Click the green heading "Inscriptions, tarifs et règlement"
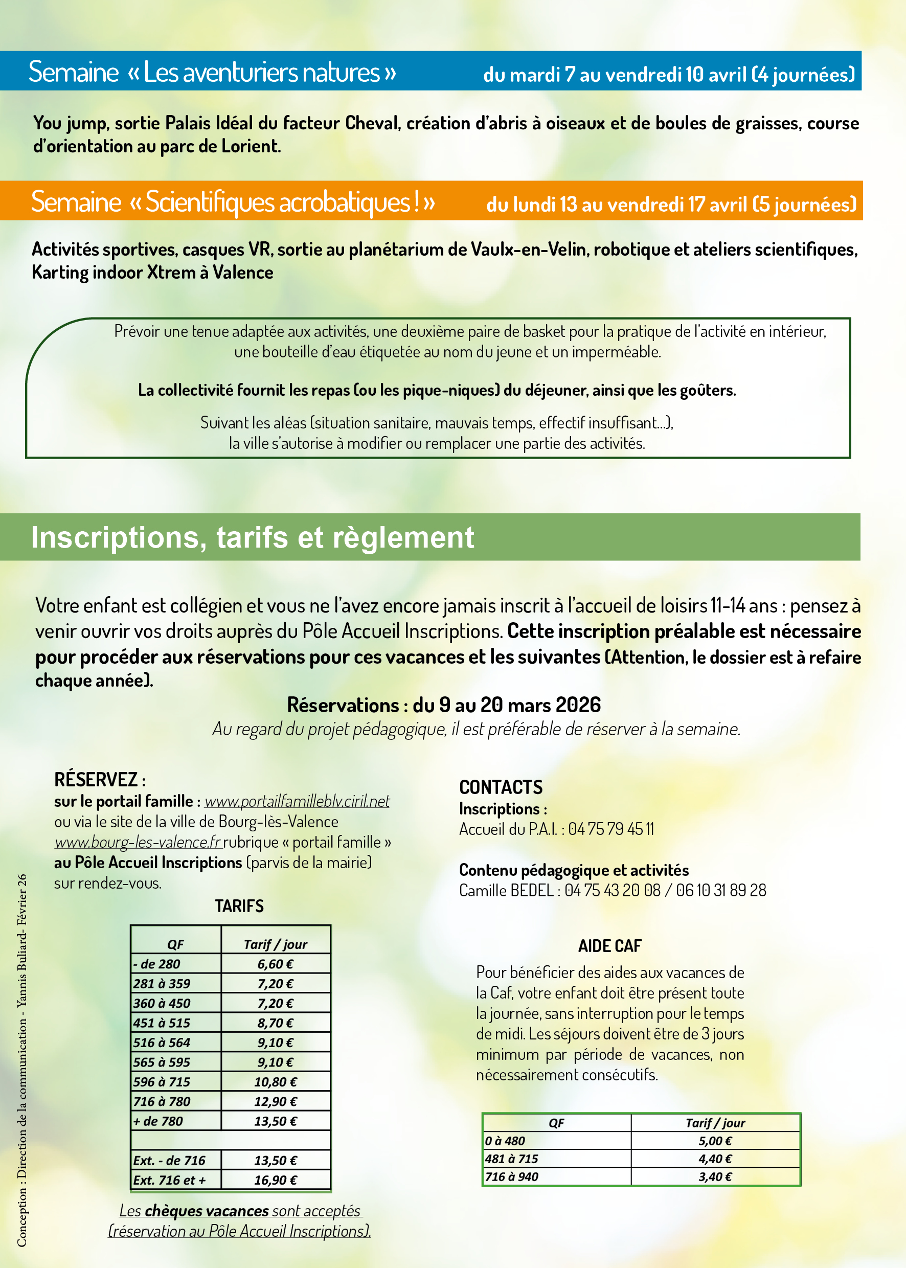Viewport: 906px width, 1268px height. (252, 538)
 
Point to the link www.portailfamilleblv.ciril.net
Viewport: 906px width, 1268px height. (297, 801)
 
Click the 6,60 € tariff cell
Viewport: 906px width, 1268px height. (275, 964)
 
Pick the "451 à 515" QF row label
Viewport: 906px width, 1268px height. (162, 1023)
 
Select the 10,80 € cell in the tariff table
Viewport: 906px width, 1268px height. (276, 1082)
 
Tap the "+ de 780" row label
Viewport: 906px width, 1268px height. (158, 1121)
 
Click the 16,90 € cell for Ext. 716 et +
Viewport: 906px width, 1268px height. (276, 1180)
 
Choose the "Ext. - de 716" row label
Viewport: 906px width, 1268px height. (169, 1160)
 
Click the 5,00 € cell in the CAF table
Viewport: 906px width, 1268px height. (715, 1141)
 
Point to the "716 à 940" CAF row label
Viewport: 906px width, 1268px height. (512, 1176)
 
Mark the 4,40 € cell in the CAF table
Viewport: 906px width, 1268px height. (715, 1159)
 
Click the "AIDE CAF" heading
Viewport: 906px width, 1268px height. (610, 946)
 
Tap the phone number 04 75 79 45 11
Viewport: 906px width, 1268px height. (611, 829)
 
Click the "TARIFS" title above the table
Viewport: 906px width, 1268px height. (239, 906)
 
